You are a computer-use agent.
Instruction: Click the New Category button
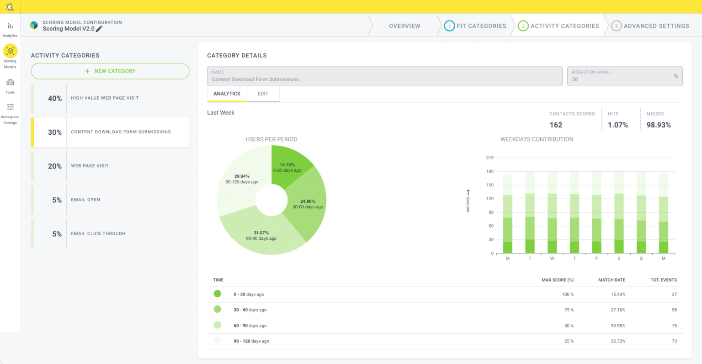pyautogui.click(x=110, y=71)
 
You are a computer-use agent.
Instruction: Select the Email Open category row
pyautogui.click(x=110, y=200)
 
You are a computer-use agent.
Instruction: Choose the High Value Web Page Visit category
pyautogui.click(x=110, y=98)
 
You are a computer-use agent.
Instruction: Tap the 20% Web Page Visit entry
pyautogui.click(x=110, y=166)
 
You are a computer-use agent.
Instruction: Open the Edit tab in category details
pyautogui.click(x=263, y=94)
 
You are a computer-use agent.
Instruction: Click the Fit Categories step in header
pyautogui.click(x=476, y=26)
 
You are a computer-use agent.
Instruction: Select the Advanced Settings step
pyautogui.click(x=650, y=26)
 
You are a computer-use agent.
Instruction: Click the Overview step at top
pyautogui.click(x=404, y=26)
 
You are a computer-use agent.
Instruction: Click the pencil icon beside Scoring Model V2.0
pyautogui.click(x=99, y=29)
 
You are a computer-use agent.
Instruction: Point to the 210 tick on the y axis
pyautogui.click(x=490, y=158)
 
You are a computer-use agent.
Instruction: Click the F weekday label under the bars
pyautogui.click(x=596, y=258)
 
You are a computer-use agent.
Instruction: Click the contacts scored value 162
pyautogui.click(x=556, y=125)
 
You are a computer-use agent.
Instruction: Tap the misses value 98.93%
pyautogui.click(x=659, y=125)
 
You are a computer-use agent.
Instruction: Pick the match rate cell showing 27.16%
pyautogui.click(x=618, y=310)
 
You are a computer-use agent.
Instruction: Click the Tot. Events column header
pyautogui.click(x=664, y=280)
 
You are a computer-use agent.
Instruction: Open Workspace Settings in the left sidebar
pyautogui.click(x=10, y=113)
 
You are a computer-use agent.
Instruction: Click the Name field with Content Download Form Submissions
pyautogui.click(x=384, y=76)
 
